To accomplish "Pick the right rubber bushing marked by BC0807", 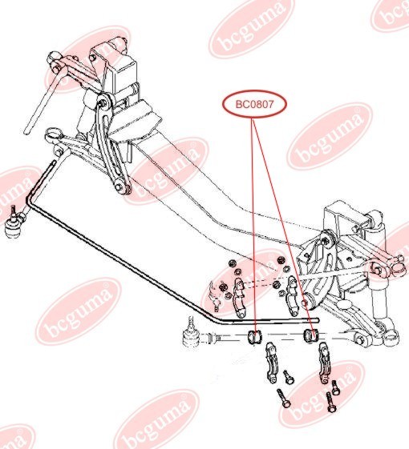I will [313, 334].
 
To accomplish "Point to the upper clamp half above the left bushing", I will [239, 292].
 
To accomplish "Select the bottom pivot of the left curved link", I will [121, 188].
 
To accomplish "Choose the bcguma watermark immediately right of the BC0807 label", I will [329, 136].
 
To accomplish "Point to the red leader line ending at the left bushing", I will [254, 224].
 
